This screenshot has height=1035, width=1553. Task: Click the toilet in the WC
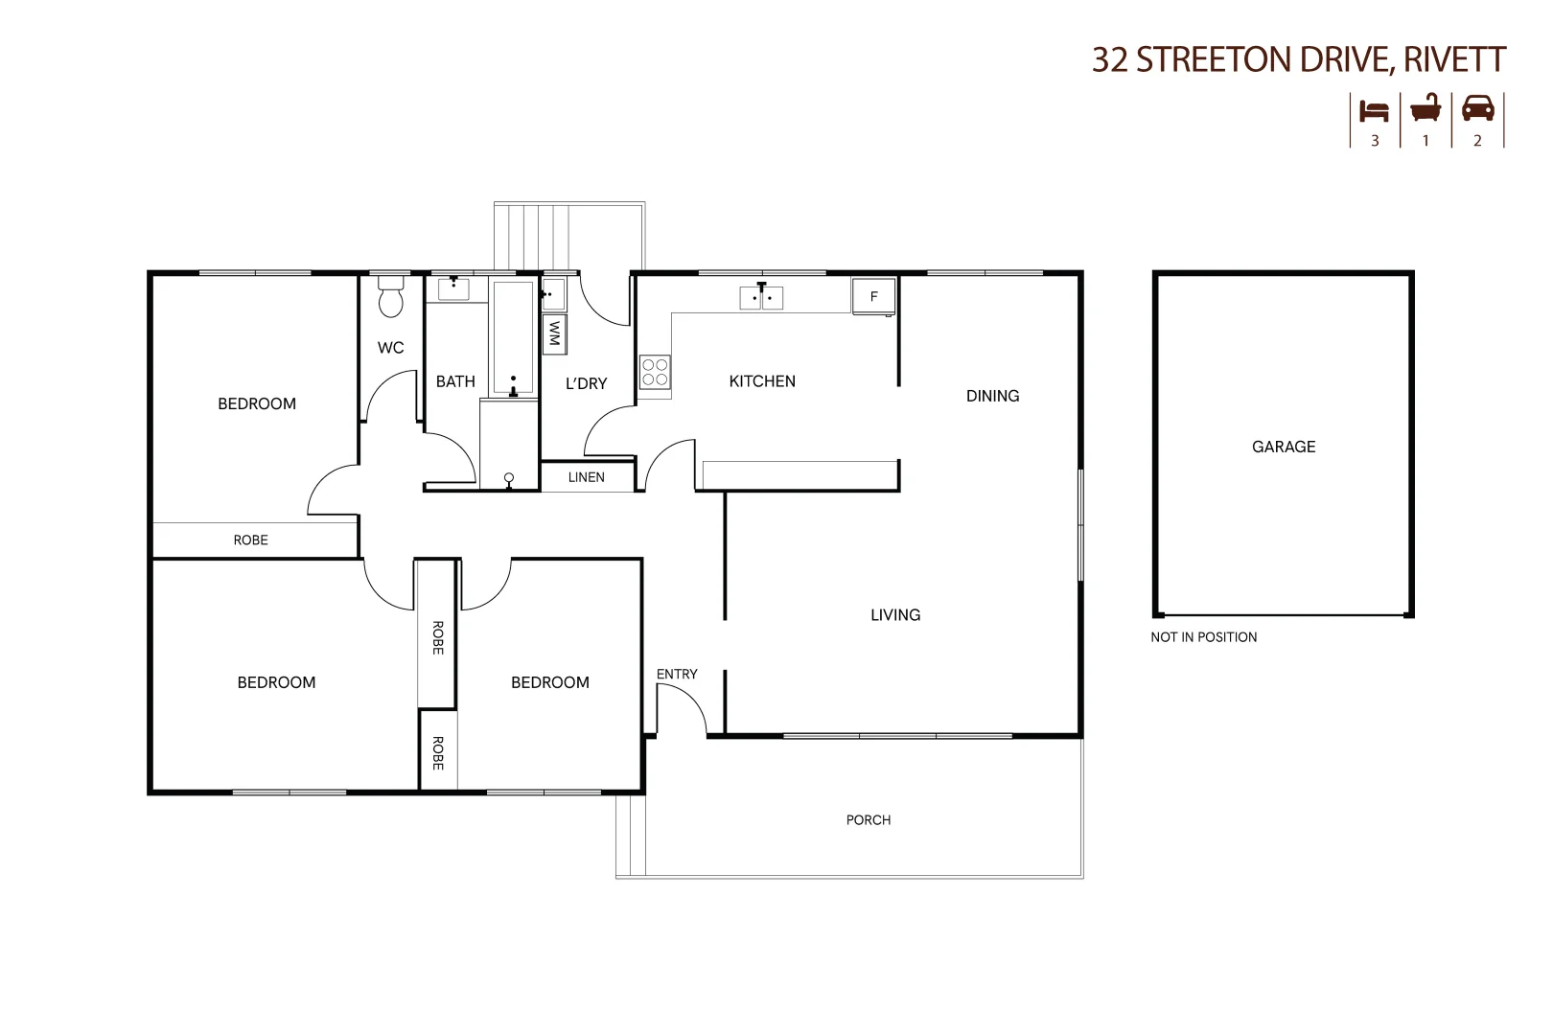(390, 299)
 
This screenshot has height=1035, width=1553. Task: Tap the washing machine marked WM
(554, 333)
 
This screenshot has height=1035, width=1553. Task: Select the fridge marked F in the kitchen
(873, 296)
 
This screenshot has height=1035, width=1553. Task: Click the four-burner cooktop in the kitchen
(656, 372)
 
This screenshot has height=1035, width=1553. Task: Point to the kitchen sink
(761, 297)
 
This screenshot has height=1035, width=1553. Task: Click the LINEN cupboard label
(587, 477)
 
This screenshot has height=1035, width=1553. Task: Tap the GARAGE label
(1284, 447)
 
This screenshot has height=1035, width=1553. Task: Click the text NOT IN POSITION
(1204, 637)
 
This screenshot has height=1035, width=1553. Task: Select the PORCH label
(869, 820)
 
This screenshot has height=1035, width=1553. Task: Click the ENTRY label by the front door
(677, 675)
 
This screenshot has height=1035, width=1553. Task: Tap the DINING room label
(992, 396)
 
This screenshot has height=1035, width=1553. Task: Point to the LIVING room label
(895, 615)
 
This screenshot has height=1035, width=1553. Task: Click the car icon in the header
(1478, 108)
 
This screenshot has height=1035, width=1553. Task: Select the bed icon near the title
(1375, 110)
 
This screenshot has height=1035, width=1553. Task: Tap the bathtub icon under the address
(1426, 108)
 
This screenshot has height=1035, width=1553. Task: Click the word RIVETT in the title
(1454, 60)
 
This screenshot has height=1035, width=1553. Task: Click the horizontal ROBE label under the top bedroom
(251, 540)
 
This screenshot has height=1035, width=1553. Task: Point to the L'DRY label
(587, 383)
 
